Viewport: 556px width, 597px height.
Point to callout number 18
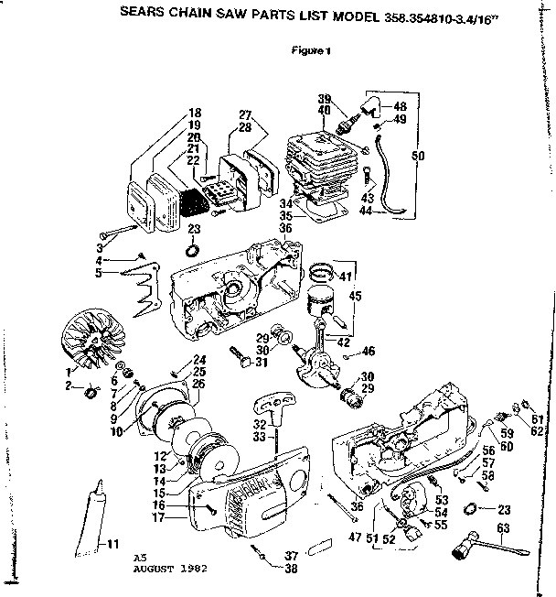tap(194, 113)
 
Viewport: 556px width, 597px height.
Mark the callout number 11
tap(113, 546)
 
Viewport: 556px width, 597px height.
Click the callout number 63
tap(501, 526)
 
